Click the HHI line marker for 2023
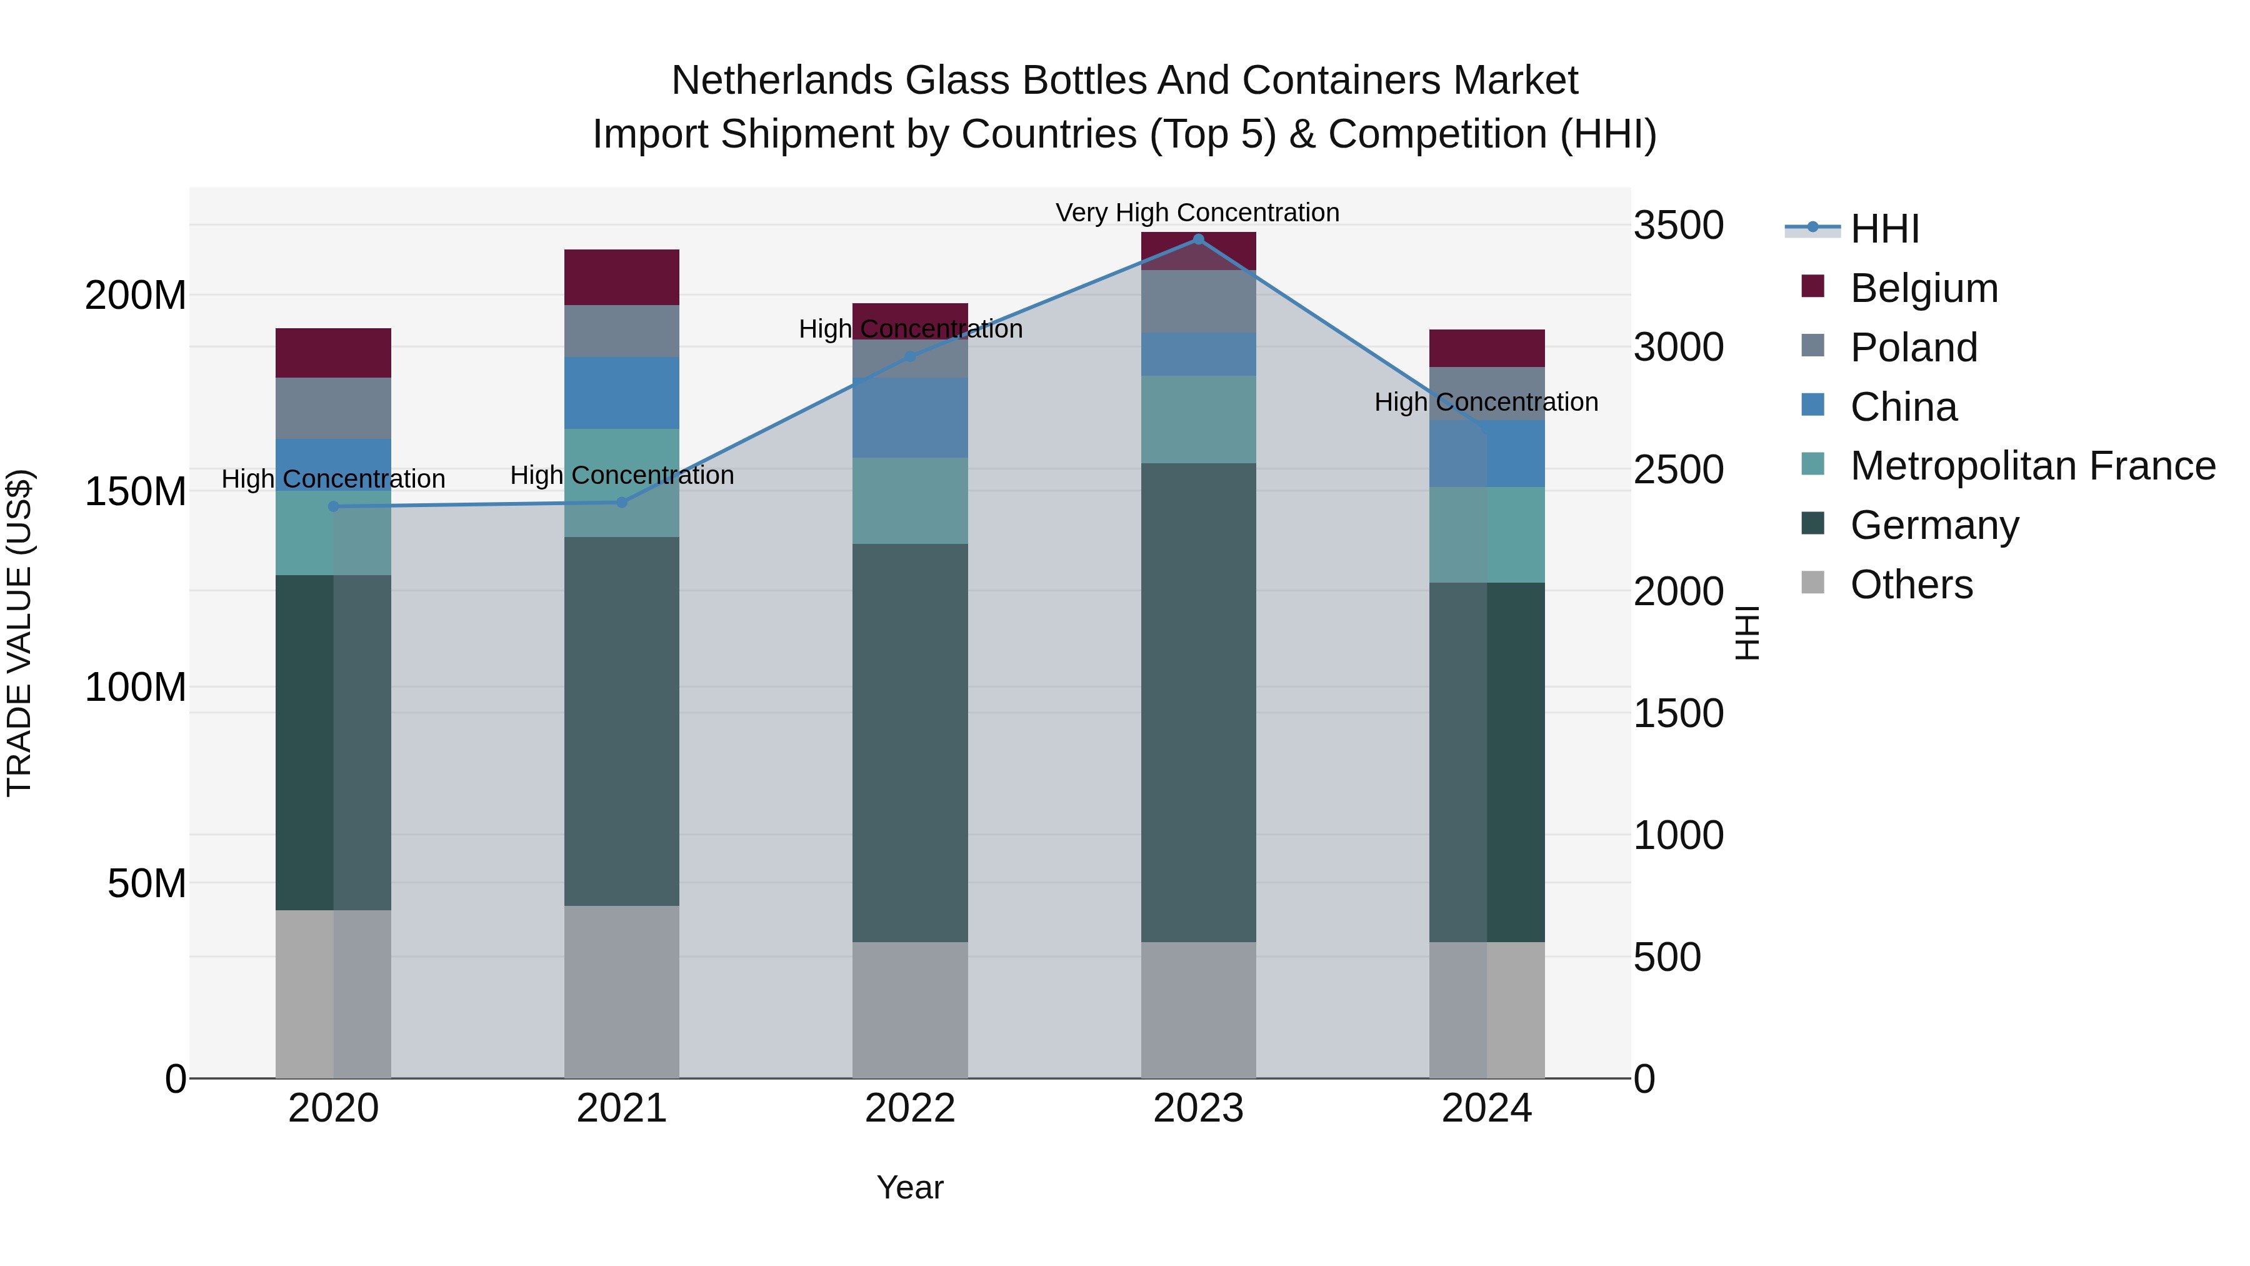pos(1198,239)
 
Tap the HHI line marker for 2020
pos(334,507)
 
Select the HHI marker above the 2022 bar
pos(910,356)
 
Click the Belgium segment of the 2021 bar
pos(622,277)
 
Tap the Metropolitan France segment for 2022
pos(910,501)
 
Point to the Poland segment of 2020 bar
pos(334,408)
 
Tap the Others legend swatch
pos(1813,583)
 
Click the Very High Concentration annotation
pos(1197,213)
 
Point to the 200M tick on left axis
pos(136,295)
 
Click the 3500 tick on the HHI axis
pos(1678,226)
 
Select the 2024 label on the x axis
pos(1487,1108)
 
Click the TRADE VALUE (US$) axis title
pos(19,633)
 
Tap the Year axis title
pos(909,1187)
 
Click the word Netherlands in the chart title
pos(782,81)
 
